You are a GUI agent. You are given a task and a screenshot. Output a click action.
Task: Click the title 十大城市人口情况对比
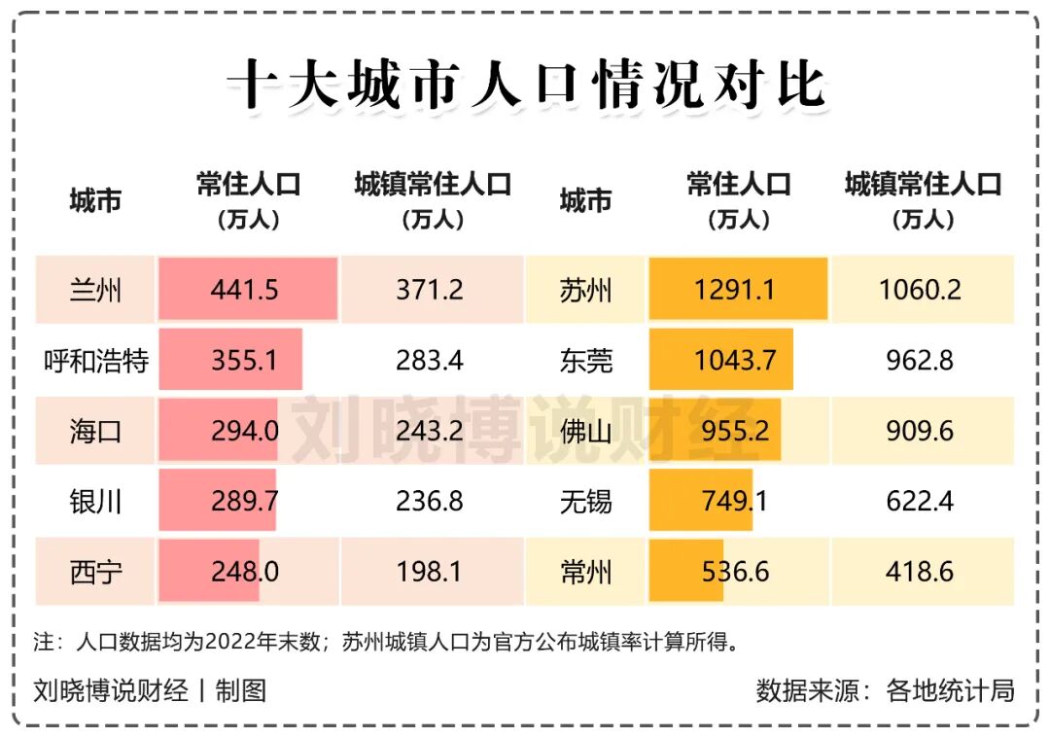(x=526, y=86)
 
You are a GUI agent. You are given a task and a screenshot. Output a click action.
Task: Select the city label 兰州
(x=96, y=290)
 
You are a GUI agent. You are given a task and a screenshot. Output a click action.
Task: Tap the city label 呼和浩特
(x=96, y=361)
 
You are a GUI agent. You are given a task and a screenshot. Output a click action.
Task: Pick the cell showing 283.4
(x=430, y=361)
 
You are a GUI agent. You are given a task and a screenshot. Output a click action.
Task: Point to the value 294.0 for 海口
(x=244, y=431)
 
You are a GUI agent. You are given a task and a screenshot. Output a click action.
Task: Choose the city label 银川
(x=96, y=502)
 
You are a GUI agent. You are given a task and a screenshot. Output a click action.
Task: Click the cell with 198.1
(x=430, y=572)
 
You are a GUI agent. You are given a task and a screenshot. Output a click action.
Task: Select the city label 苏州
(x=586, y=290)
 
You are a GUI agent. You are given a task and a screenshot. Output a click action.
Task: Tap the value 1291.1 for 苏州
(x=735, y=290)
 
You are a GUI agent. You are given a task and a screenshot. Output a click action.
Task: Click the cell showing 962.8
(x=920, y=361)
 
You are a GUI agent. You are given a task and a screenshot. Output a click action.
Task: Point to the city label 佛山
(x=586, y=431)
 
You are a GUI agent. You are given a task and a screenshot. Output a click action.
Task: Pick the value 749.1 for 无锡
(x=735, y=502)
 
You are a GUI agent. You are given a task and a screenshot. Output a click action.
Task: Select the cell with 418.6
(x=920, y=572)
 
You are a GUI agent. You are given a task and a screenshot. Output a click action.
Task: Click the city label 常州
(x=586, y=572)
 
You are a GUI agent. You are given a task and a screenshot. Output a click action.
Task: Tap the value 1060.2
(x=920, y=290)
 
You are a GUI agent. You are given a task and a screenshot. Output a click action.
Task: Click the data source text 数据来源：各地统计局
(x=885, y=690)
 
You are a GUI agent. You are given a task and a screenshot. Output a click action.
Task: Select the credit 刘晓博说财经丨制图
(x=150, y=690)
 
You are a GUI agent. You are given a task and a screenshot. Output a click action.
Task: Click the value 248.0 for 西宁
(x=244, y=572)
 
